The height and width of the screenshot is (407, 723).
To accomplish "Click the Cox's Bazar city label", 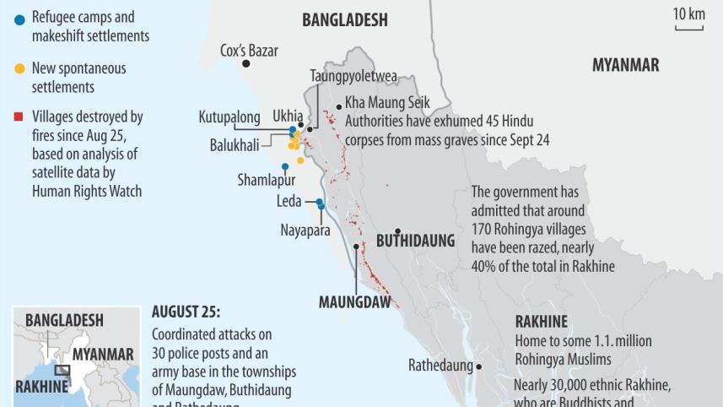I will (x=249, y=50).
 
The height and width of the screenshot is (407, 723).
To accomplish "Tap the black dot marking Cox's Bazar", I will (x=246, y=63).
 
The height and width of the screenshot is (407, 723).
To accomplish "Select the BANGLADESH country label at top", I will (x=344, y=19).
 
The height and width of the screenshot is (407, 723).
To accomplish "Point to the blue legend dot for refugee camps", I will (x=20, y=19).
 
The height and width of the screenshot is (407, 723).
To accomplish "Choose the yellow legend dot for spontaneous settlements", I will (x=20, y=68).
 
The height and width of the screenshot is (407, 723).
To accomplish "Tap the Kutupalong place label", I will (x=229, y=117).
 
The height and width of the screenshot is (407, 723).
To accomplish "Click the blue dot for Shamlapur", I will (x=284, y=166).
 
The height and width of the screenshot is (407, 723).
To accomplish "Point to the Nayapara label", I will (x=305, y=229).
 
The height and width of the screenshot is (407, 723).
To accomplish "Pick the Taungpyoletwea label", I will (x=353, y=75).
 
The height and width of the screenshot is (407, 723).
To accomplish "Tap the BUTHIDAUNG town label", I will (x=415, y=241).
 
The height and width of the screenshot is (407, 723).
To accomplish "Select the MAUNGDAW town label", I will (x=354, y=301).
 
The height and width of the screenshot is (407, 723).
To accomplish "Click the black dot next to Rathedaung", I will (x=478, y=366).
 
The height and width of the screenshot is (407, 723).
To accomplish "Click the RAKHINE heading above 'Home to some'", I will (x=541, y=321).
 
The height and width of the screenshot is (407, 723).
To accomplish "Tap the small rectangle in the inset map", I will (x=62, y=369).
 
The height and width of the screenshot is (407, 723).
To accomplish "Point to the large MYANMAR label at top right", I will (x=625, y=65).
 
